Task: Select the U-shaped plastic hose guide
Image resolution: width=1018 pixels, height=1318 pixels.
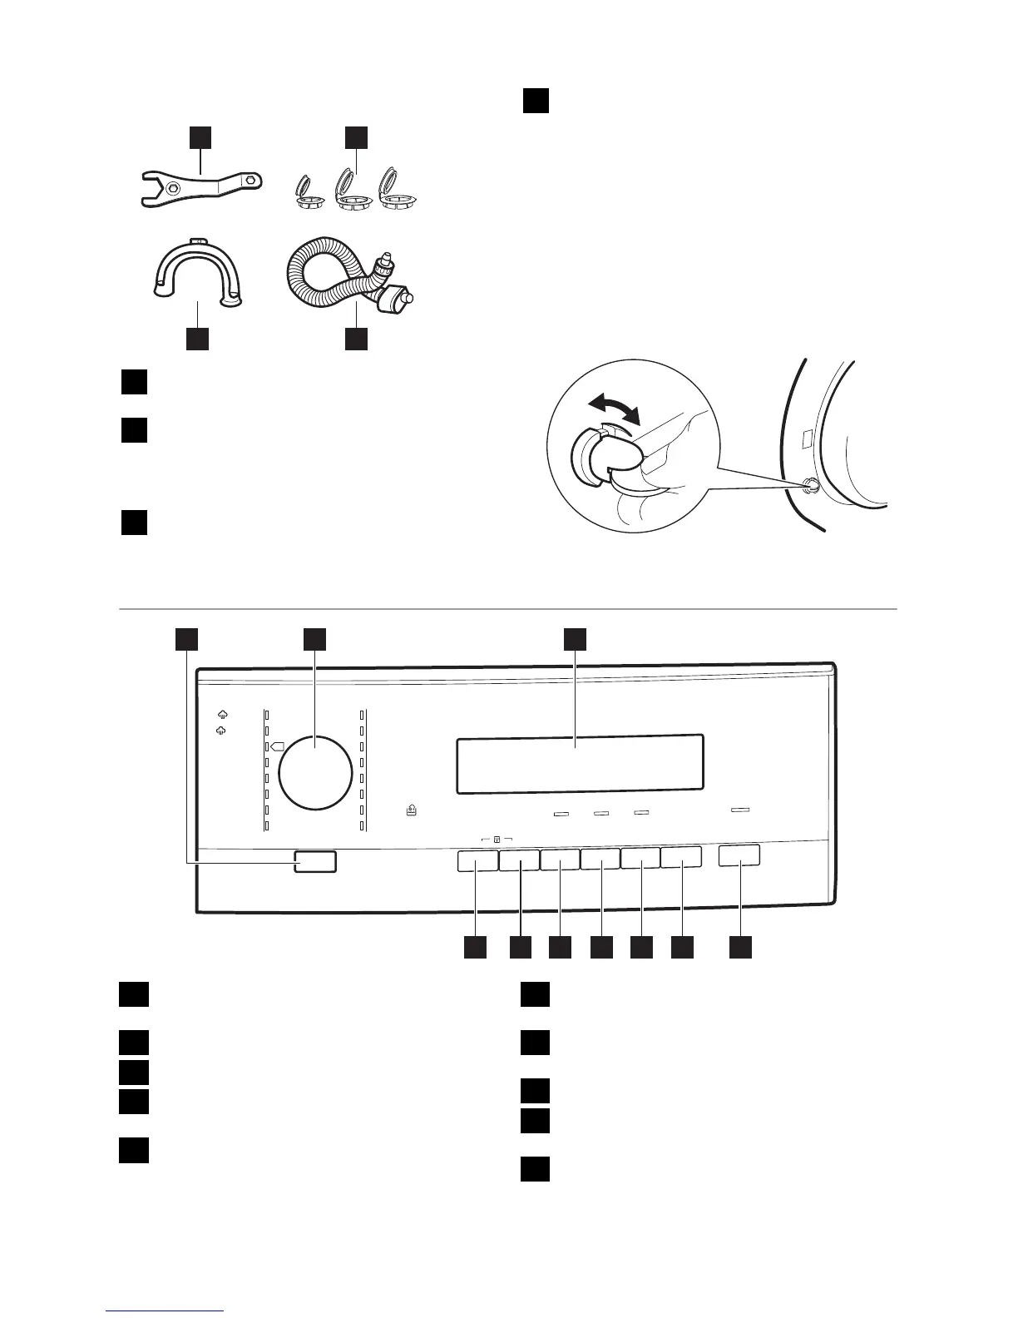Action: (x=197, y=266)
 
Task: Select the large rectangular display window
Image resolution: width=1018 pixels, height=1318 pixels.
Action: (x=580, y=764)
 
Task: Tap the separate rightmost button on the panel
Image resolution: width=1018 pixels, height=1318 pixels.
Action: (x=739, y=855)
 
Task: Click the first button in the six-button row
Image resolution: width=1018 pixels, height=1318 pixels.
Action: (x=477, y=860)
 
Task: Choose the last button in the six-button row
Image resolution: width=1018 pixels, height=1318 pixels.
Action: (x=682, y=859)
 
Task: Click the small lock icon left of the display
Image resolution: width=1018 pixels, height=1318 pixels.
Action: (x=412, y=808)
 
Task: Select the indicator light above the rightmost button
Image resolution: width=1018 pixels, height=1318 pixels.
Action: (x=739, y=809)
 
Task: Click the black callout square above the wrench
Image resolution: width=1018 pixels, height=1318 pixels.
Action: (x=200, y=136)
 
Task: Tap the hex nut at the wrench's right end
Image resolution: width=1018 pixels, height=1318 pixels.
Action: (x=251, y=177)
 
